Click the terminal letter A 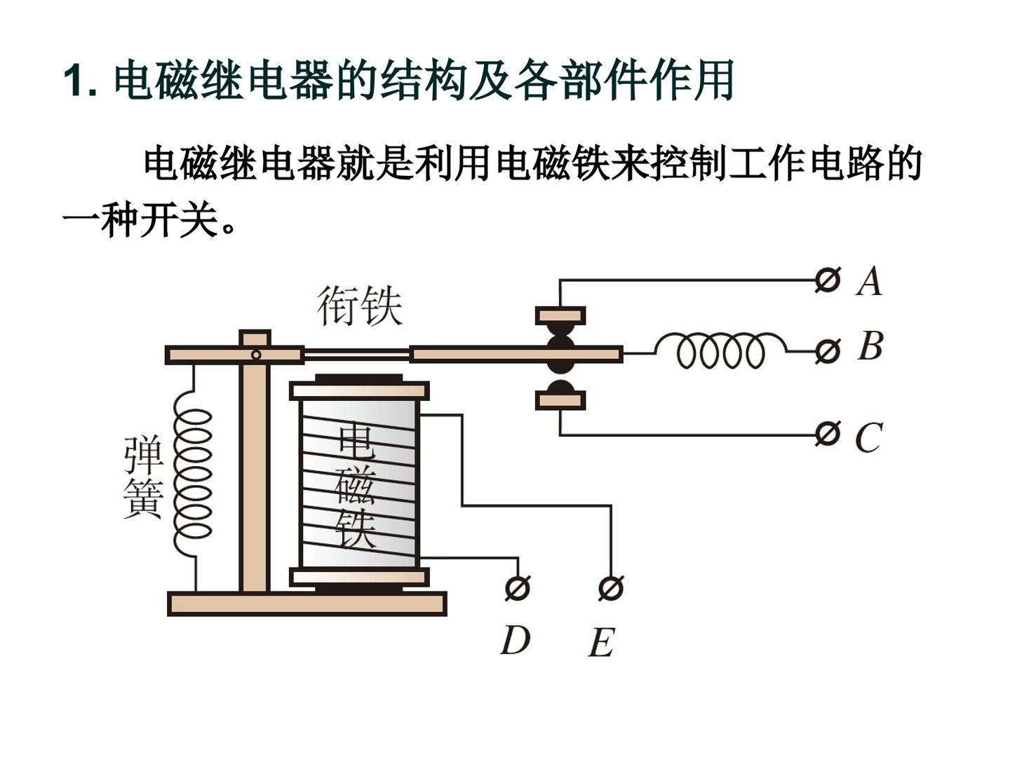click(x=869, y=281)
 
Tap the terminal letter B click(x=870, y=346)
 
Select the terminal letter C click(x=868, y=437)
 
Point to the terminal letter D click(x=516, y=640)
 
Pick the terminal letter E click(x=601, y=643)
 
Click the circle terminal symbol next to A click(x=828, y=280)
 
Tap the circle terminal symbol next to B click(x=828, y=352)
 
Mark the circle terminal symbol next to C click(x=828, y=433)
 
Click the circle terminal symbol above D click(x=518, y=588)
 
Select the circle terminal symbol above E click(x=611, y=588)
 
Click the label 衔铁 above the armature click(x=360, y=306)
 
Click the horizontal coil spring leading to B click(x=721, y=352)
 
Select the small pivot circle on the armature click(x=256, y=355)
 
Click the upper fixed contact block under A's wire click(x=560, y=315)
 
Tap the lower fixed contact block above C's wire click(x=560, y=400)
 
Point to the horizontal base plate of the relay click(x=307, y=603)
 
